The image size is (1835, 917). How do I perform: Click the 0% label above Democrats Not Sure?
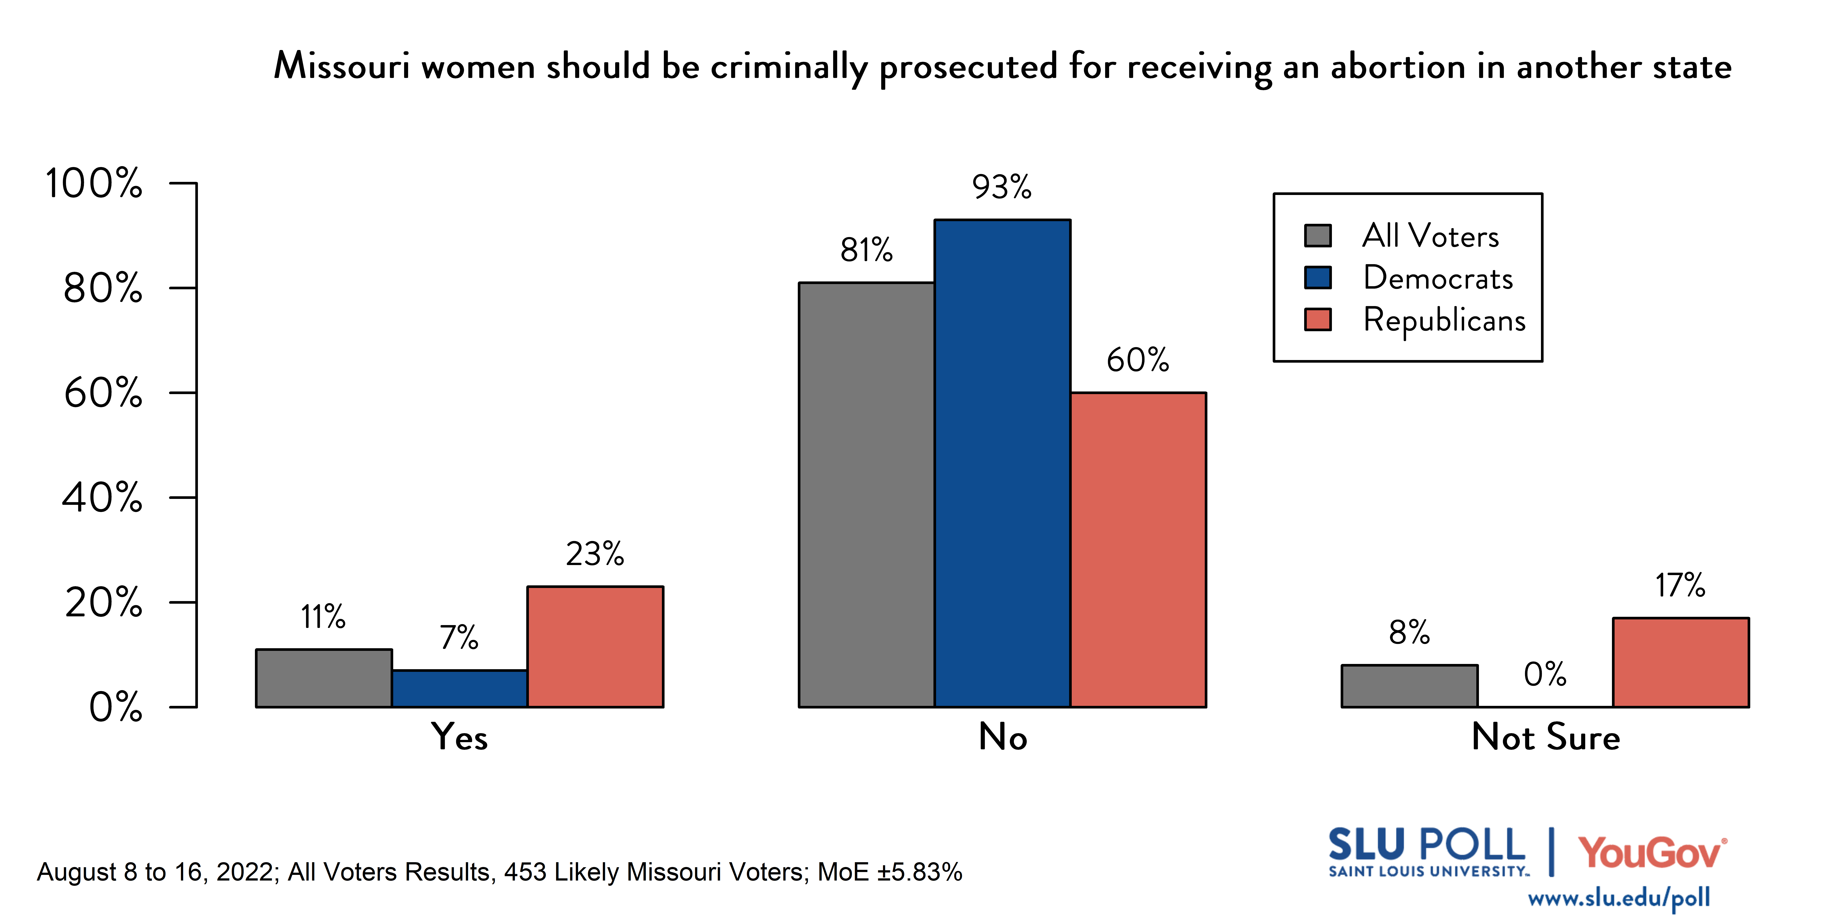[x=1544, y=674]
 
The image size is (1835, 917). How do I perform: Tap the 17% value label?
[x=1680, y=585]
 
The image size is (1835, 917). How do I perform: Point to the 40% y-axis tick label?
[x=102, y=498]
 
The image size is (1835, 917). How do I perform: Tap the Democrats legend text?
[x=1437, y=278]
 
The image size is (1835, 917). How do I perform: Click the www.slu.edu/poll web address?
[x=1619, y=898]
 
